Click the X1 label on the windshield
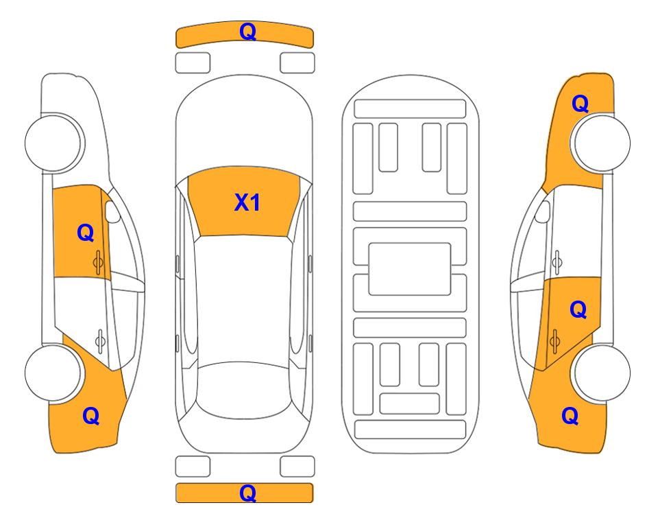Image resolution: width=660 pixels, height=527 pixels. (247, 202)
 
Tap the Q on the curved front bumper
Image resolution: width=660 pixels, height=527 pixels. (247, 32)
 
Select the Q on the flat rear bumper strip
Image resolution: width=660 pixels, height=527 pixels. (247, 493)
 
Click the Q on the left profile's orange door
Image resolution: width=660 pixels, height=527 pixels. (86, 233)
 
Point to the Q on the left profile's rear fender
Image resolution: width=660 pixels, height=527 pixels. (91, 416)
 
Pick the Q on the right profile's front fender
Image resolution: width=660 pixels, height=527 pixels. (580, 104)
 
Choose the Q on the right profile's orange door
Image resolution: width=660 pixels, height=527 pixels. (578, 310)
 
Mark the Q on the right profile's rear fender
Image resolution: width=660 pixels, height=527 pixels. (570, 416)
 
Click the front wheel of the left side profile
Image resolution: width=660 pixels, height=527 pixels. (54, 143)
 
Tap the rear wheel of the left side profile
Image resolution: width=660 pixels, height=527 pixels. (53, 373)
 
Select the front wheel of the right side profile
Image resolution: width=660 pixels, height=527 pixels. (602, 143)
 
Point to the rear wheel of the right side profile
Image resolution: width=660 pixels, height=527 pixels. (602, 373)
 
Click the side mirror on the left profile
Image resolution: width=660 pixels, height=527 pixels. (112, 212)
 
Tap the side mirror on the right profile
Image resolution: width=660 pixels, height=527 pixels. (542, 212)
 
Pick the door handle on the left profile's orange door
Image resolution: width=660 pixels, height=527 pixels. (98, 262)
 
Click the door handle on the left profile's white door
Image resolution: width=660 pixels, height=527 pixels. (100, 340)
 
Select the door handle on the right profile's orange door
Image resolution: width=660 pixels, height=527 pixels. (554, 340)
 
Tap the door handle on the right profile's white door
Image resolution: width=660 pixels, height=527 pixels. (557, 262)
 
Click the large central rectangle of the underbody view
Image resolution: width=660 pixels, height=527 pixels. (410, 269)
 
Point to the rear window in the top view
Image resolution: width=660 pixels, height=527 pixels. (245, 390)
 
